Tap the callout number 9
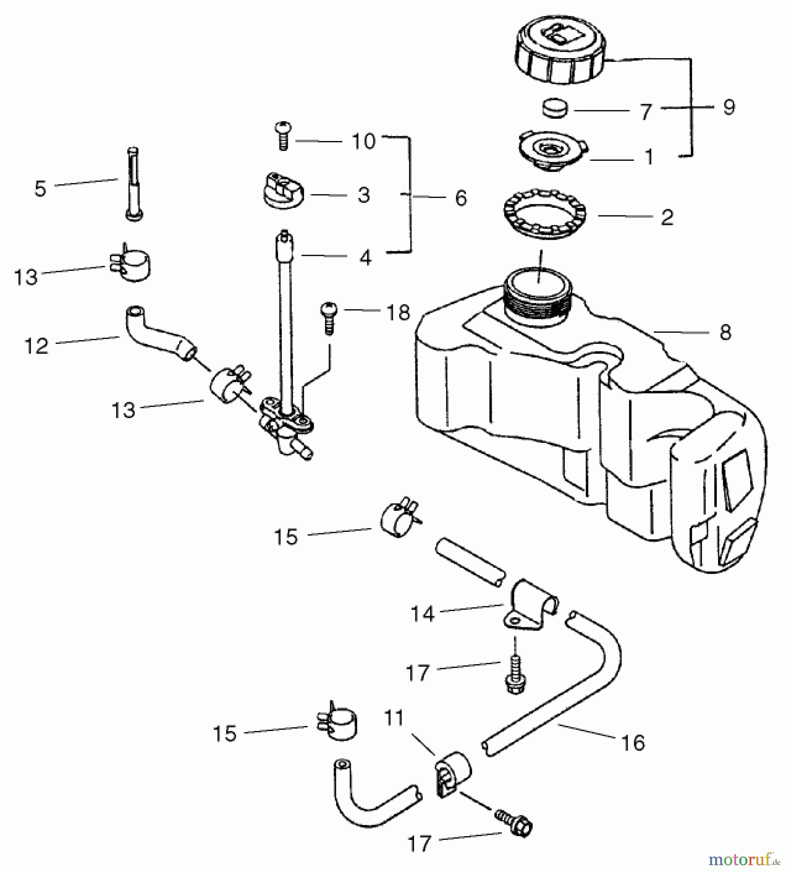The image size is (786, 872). tap(728, 107)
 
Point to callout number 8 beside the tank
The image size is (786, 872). tap(724, 333)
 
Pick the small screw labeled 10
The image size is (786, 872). tap(282, 136)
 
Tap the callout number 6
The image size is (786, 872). tap(461, 198)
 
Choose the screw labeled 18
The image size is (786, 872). tap(328, 317)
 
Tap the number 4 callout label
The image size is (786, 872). tap(366, 258)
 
